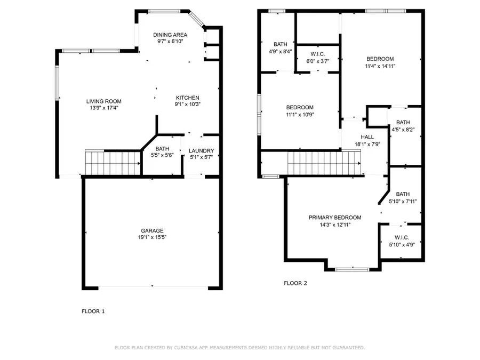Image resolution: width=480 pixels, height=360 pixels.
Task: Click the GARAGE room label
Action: (152, 230)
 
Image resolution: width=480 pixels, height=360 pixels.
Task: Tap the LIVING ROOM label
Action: (104, 101)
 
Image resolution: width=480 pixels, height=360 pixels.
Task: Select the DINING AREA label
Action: (170, 35)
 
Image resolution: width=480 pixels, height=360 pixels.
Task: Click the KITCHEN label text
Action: (188, 98)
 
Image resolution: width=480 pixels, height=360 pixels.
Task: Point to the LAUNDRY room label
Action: (201, 151)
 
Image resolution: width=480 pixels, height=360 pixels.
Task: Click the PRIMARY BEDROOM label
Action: (335, 218)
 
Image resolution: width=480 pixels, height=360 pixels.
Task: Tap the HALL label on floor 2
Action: (367, 137)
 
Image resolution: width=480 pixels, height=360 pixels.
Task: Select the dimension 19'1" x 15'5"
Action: (152, 237)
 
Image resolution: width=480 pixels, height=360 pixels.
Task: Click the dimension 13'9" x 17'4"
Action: (104, 108)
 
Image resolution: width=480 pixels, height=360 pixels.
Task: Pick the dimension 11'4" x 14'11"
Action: (380, 66)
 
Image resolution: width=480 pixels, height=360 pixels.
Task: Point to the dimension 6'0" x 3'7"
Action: (317, 61)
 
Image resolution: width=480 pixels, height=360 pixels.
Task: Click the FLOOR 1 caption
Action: (93, 311)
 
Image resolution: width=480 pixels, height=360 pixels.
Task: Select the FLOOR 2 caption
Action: (295, 283)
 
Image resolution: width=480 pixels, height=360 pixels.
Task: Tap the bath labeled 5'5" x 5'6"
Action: (162, 152)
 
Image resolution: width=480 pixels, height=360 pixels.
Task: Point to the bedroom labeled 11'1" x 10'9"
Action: (300, 111)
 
